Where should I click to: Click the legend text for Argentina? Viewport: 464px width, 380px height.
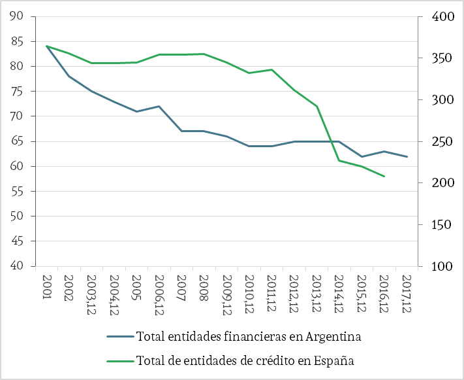249,337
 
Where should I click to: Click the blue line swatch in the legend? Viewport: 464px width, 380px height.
120,337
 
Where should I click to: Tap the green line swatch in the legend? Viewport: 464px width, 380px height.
120,360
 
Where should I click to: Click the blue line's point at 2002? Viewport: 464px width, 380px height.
70,77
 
